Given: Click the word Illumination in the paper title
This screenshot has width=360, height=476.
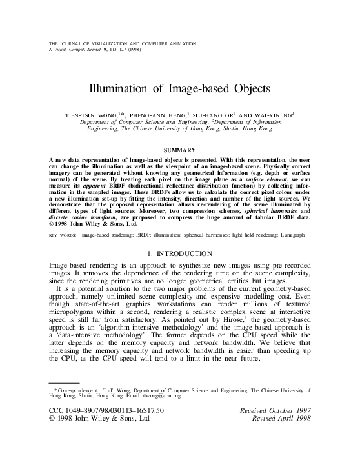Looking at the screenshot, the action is pos(119,88).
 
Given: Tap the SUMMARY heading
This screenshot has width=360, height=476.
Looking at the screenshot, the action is pos(180,150).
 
